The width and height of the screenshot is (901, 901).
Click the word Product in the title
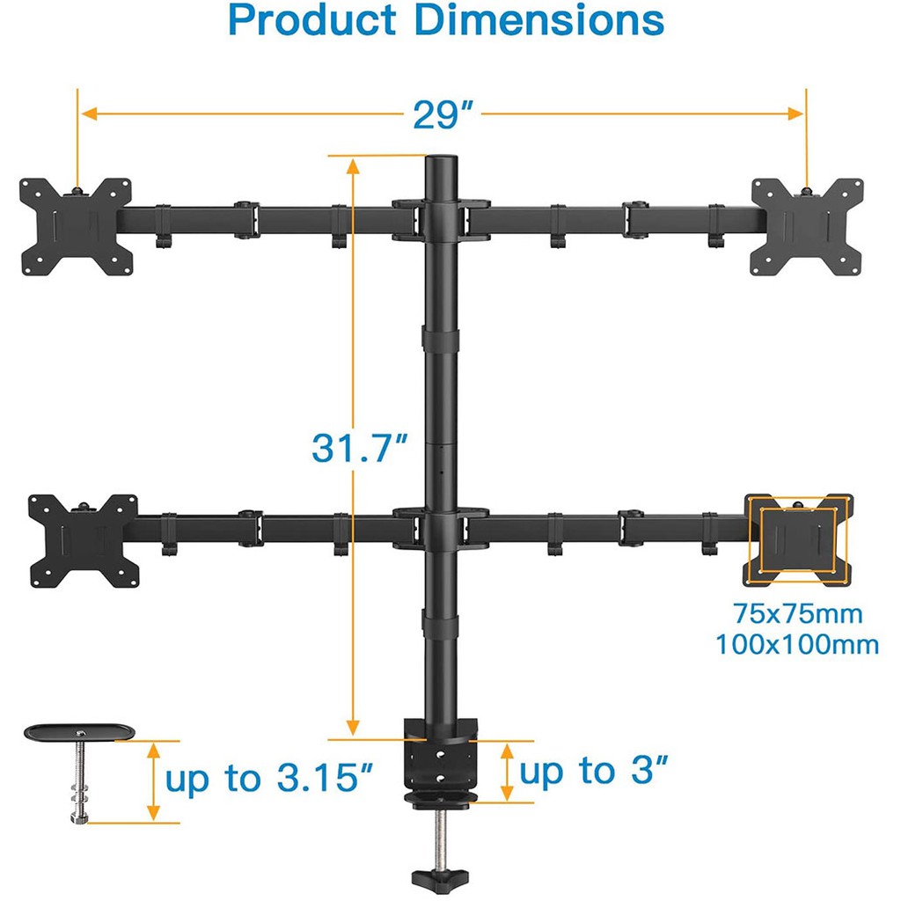click(x=312, y=20)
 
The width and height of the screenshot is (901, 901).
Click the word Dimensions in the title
click(x=539, y=20)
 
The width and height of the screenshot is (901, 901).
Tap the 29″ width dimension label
click(x=443, y=115)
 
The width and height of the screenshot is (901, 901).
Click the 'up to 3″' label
click(x=594, y=770)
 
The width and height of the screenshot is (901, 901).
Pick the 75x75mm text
click(x=797, y=613)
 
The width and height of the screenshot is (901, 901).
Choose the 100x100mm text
click(x=797, y=644)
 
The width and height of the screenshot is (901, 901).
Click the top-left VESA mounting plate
click(x=76, y=226)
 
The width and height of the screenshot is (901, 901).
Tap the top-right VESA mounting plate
click(x=808, y=226)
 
